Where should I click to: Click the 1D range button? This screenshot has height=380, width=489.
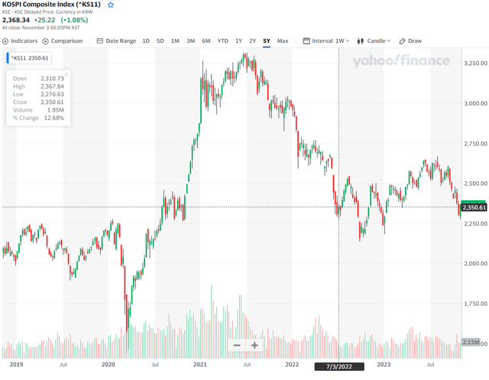click(146, 41)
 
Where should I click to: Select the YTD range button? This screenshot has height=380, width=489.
click(222, 41)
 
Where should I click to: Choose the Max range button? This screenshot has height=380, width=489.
click(283, 41)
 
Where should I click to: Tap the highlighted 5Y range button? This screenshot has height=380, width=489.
click(266, 41)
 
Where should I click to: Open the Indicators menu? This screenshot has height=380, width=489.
click(20, 41)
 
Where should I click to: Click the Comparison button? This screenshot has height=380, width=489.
click(63, 41)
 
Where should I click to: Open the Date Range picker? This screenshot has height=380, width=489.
click(117, 41)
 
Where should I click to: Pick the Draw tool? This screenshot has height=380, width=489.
click(411, 41)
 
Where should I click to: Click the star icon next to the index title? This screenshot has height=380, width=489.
click(111, 5)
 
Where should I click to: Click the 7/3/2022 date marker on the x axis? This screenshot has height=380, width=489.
click(338, 365)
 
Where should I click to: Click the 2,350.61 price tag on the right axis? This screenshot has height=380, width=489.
click(474, 207)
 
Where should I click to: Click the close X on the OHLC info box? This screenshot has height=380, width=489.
click(66, 75)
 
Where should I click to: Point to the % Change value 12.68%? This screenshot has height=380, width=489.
click(53, 117)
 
